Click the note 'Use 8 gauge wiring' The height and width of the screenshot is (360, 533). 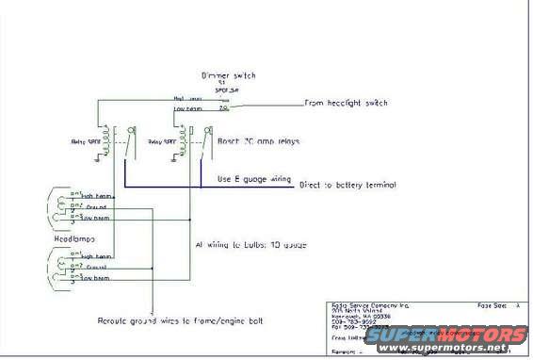[253, 178]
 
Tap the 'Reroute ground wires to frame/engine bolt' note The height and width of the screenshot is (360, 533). [179, 321]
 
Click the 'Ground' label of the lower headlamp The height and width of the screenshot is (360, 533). [91, 267]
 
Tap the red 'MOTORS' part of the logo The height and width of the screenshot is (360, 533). [491, 335]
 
